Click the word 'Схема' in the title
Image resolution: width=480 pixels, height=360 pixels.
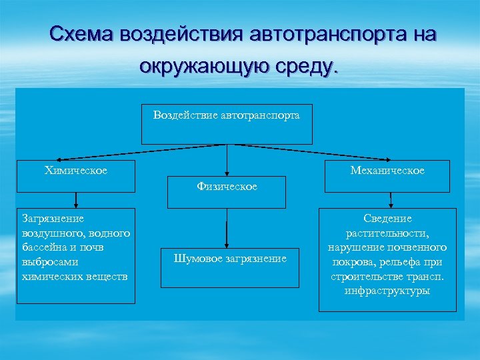tap(82, 34)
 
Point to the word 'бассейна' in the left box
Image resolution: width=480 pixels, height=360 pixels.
tap(44, 247)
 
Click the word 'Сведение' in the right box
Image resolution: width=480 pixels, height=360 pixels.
tap(387, 219)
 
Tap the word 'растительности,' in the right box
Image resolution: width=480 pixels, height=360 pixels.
tap(387, 233)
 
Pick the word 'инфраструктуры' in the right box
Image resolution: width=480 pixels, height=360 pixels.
tap(387, 291)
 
